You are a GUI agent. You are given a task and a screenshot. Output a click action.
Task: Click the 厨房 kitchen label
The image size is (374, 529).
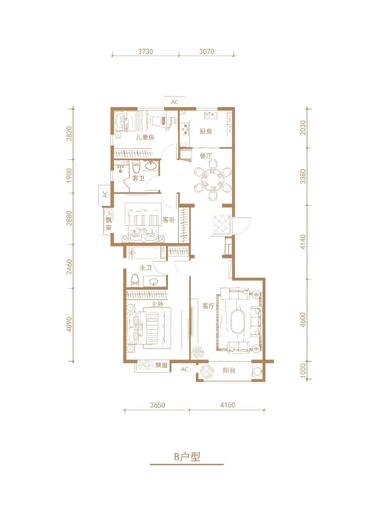pyautogui.click(x=206, y=131)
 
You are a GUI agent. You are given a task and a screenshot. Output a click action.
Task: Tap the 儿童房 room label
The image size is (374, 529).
pyautogui.click(x=145, y=137)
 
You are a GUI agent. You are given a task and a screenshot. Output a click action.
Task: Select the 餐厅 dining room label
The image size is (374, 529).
pyautogui.click(x=206, y=156)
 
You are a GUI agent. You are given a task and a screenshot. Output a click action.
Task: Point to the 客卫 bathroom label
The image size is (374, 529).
pyautogui.click(x=139, y=178)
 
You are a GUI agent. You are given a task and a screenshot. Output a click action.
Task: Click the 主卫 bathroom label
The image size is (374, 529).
pyautogui.click(x=145, y=268)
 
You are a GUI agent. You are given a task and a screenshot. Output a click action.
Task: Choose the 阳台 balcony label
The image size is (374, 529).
pyautogui.click(x=229, y=370)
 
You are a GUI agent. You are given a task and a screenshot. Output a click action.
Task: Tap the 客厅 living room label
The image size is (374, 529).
pyautogui.click(x=208, y=306)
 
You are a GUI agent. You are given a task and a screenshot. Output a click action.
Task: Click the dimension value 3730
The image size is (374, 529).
pyautogui.click(x=145, y=52)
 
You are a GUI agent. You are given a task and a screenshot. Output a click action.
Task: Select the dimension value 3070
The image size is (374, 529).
pyautogui.click(x=206, y=52)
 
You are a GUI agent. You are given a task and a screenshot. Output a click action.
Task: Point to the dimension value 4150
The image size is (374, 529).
pyautogui.click(x=228, y=405)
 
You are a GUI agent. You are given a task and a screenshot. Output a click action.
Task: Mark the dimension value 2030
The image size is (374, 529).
pyautogui.click(x=303, y=128)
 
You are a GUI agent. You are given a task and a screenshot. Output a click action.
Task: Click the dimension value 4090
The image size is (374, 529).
pyautogui.click(x=69, y=324)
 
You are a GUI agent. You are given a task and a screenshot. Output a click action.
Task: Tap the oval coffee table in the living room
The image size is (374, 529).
pyautogui.click(x=238, y=322)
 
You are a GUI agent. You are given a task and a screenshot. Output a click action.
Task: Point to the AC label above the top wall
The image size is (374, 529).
pyautogui.click(x=175, y=102)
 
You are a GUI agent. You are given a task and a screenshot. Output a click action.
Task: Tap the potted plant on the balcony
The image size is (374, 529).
pyautogui.click(x=207, y=371)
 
